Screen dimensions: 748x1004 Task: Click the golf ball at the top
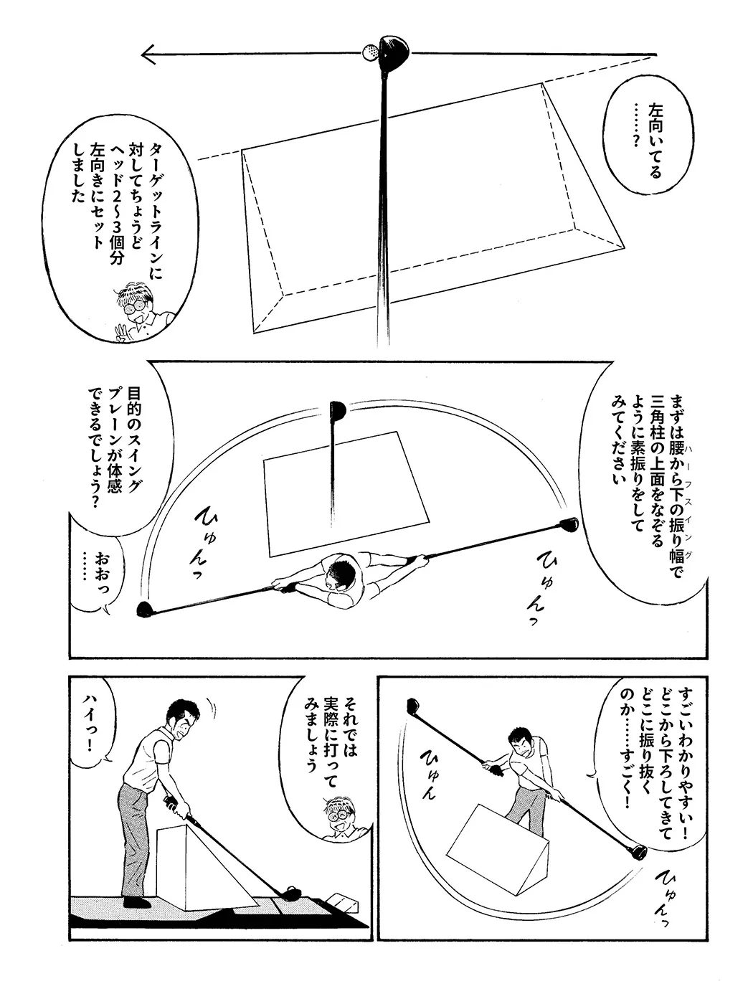coord(370,52)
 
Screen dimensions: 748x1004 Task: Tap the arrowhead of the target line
coord(148,55)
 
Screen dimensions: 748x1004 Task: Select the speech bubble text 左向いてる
coord(655,141)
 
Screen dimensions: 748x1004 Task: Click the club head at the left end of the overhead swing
coord(144,610)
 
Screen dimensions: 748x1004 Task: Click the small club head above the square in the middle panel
coord(338,410)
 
